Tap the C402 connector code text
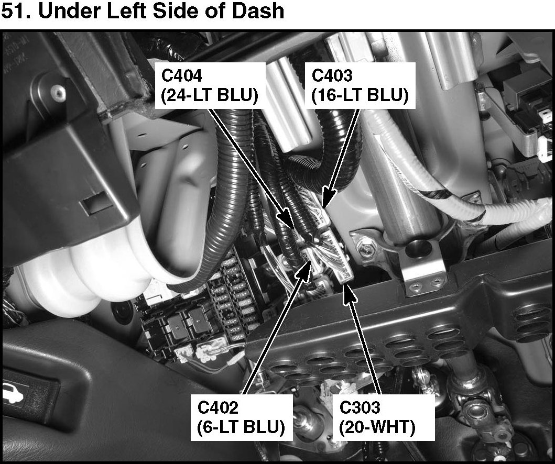coord(218,407)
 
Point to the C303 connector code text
coord(360,407)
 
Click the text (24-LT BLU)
coord(209,96)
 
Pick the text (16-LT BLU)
coord(360,96)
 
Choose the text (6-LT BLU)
coord(242,427)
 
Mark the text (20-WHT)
coord(377,427)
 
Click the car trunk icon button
coord(13,393)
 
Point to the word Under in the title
coord(65,12)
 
